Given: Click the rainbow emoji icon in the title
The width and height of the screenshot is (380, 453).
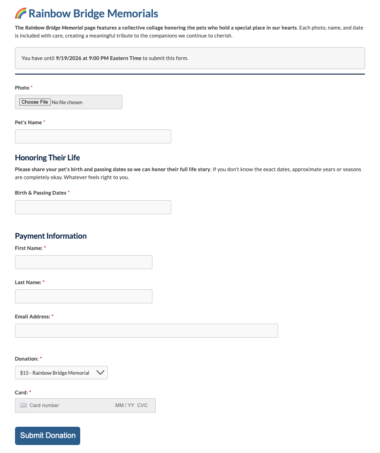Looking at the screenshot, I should click(21, 14).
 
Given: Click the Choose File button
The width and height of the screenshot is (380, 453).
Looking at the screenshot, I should click(34, 102).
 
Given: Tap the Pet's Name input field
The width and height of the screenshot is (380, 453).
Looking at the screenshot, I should click(93, 136).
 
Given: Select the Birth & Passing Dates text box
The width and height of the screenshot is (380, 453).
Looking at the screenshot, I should click(93, 207).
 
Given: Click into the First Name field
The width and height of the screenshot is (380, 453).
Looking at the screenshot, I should click(84, 262).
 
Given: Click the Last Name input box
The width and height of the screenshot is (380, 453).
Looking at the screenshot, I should click(84, 296).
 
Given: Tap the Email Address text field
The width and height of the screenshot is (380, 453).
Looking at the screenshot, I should click(146, 331).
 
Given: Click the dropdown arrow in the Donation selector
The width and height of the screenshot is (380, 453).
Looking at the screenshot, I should click(100, 373).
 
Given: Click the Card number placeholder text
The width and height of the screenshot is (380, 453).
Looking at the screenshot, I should click(44, 405).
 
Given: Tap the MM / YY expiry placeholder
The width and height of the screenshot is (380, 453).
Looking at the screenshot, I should click(124, 405).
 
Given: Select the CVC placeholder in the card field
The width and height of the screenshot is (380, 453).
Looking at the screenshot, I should click(142, 405).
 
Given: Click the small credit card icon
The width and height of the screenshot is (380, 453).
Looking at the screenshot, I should click(23, 405).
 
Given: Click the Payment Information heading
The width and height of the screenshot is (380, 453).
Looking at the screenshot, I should click(51, 236).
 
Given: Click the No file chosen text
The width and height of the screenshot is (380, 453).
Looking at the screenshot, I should click(67, 102).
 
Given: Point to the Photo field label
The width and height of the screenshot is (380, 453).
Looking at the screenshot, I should click(22, 88).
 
